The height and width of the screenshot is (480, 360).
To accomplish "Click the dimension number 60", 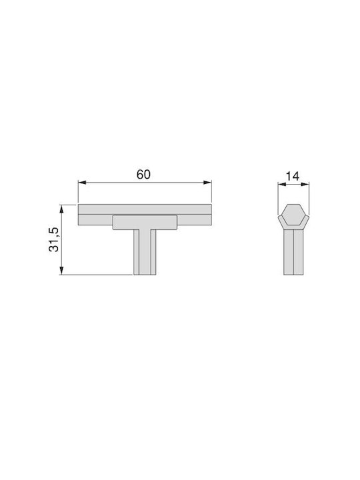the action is tap(143, 175).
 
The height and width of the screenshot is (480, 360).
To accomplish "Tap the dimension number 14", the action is tap(293, 176).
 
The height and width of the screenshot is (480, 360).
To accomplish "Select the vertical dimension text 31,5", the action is tap(54, 240).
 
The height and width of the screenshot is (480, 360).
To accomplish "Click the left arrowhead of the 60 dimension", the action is tap(82, 183).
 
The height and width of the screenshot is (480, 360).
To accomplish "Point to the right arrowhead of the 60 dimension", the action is tap(207, 183).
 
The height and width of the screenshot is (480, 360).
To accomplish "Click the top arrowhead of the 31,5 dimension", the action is tap(61, 209).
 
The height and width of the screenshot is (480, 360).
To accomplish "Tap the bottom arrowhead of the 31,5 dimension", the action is tap(61, 271).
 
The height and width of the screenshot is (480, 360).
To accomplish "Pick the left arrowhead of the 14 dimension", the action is tap(281, 184).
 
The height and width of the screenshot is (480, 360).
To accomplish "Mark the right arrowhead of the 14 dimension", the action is tap(305, 184).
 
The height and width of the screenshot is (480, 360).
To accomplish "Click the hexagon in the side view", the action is tap(293, 214).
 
